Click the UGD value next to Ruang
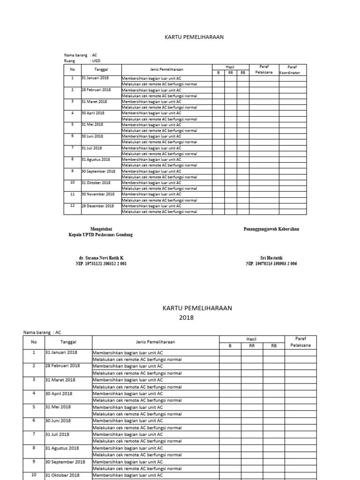click(96, 60)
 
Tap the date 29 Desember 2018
click(97, 206)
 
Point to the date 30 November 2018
click(98, 194)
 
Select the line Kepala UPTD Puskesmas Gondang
click(100, 235)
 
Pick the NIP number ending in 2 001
click(101, 263)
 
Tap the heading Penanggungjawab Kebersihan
click(271, 229)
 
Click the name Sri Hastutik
click(271, 258)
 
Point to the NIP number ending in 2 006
click(271, 263)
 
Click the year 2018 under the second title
click(186, 317)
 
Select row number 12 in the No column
click(72, 206)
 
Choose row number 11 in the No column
click(72, 194)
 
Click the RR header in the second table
click(252, 345)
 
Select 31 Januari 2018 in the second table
click(62, 352)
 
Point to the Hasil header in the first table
click(230, 67)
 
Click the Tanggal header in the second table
click(67, 342)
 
